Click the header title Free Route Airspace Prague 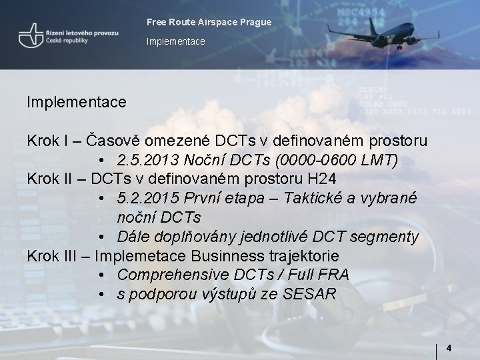click(x=209, y=23)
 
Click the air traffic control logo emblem click(x=30, y=36)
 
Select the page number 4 click(x=449, y=348)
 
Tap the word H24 click(x=319, y=179)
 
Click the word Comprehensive click(x=175, y=275)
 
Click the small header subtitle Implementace click(x=176, y=42)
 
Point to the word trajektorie click(x=308, y=256)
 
